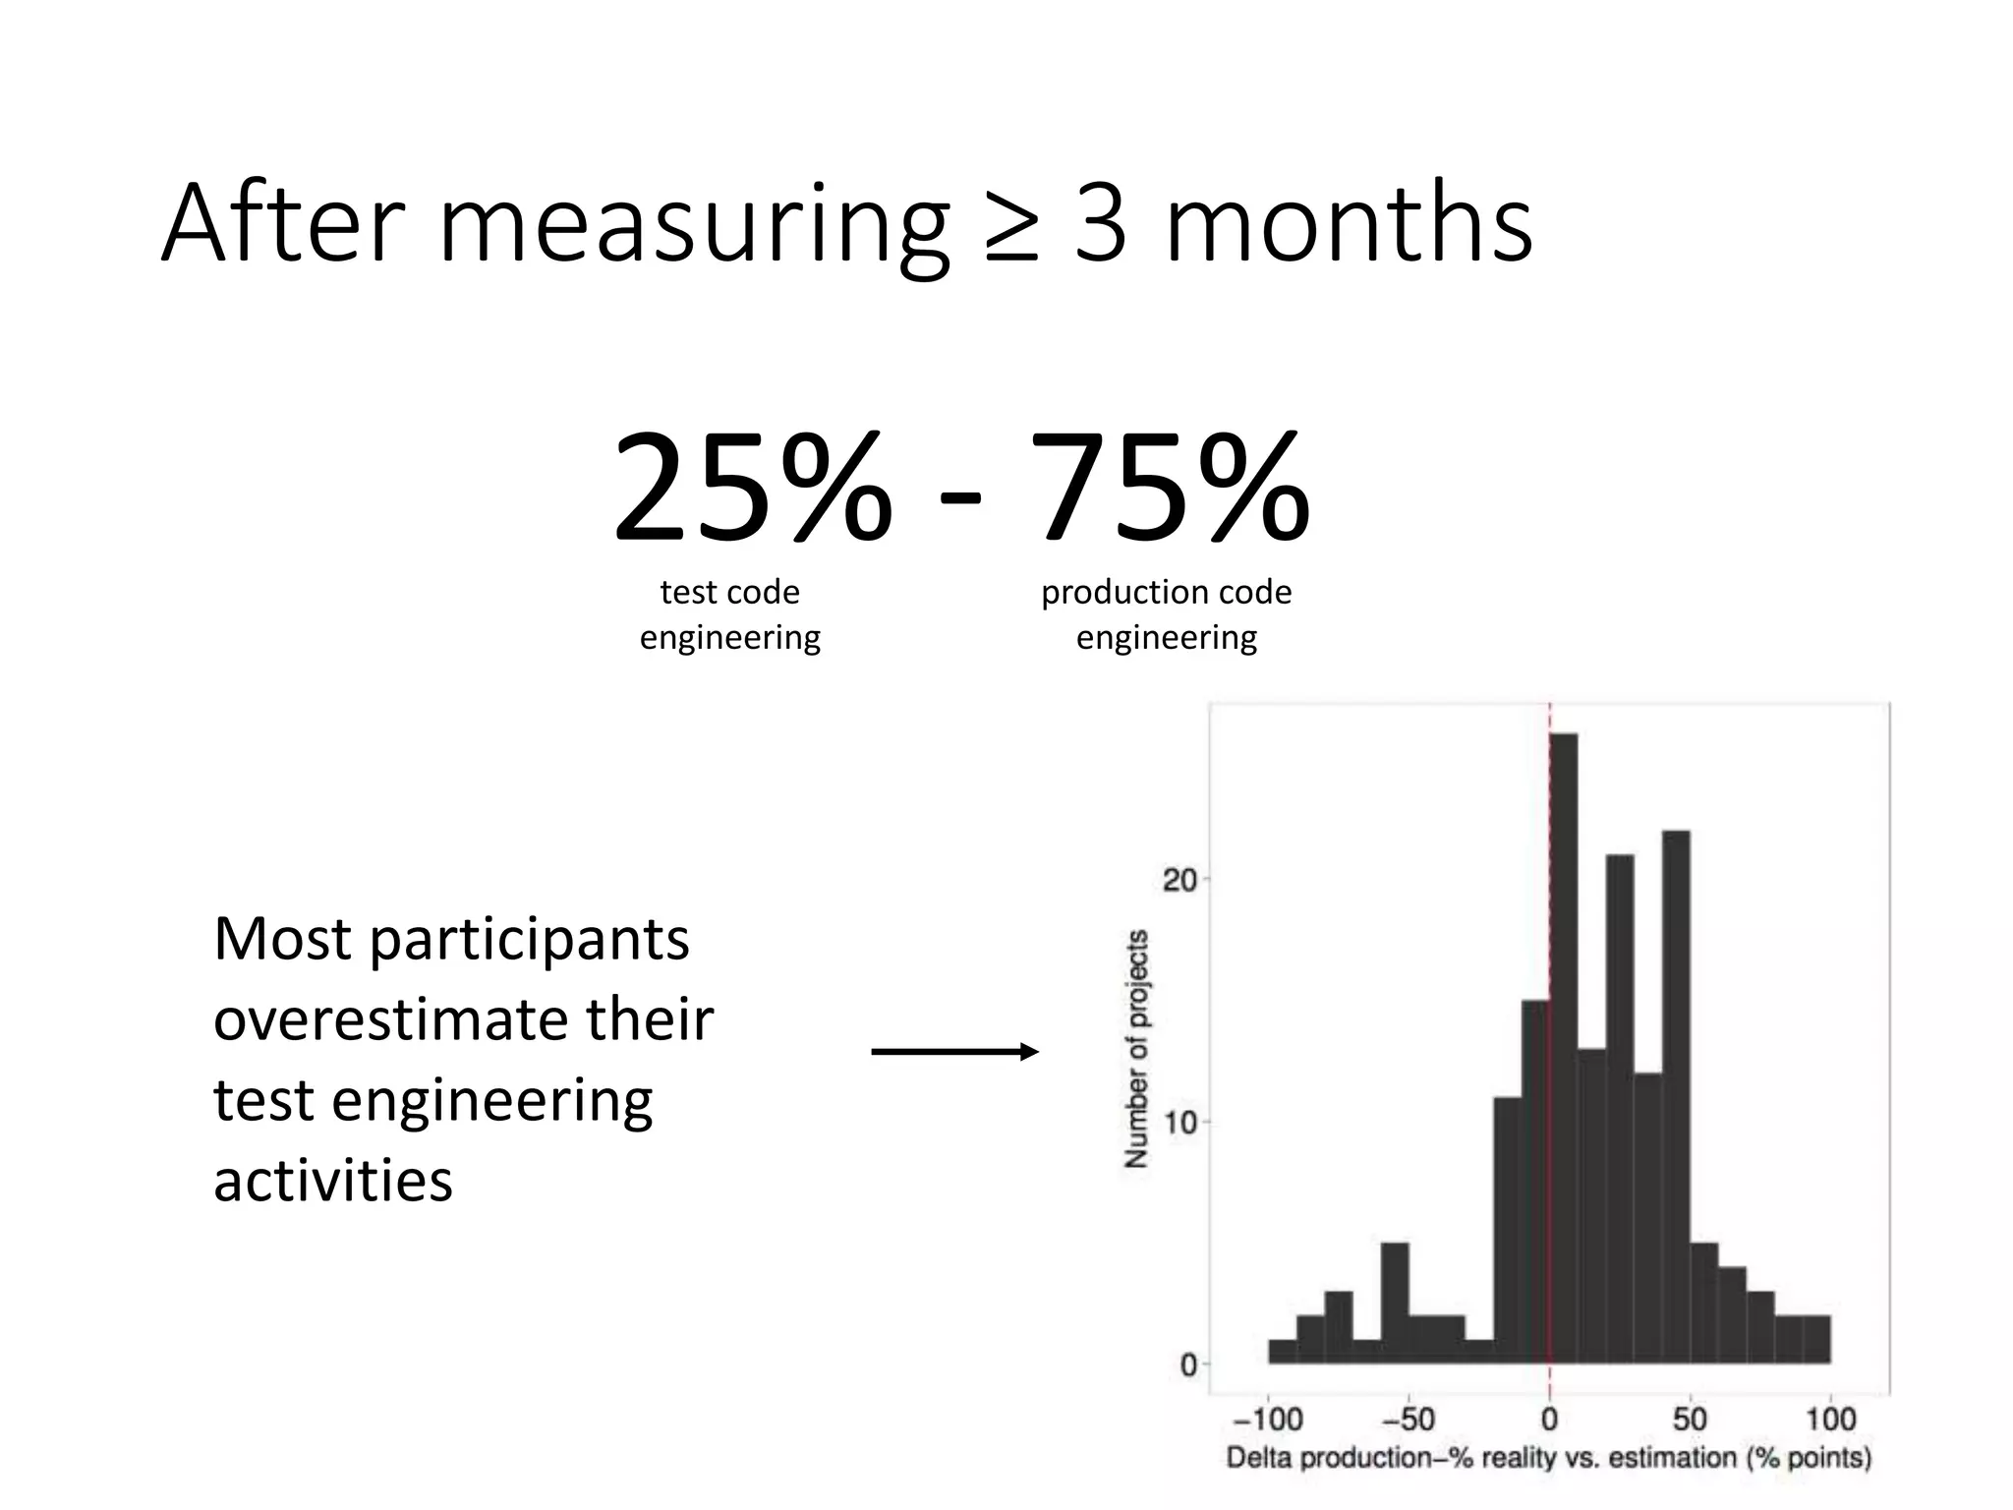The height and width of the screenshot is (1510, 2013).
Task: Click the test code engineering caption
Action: pos(730,614)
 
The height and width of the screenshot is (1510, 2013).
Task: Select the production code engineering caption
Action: pos(1167,614)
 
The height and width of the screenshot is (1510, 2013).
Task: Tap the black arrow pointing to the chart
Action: pos(954,1052)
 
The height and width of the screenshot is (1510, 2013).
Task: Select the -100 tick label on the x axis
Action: pos(1268,1419)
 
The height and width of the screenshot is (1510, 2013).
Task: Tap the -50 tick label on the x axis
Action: pos(1409,1419)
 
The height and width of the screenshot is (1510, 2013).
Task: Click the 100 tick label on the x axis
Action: pos(1830,1419)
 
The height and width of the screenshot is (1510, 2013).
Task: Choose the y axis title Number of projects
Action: pos(1137,1048)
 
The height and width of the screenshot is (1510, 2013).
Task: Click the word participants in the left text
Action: pos(530,939)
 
